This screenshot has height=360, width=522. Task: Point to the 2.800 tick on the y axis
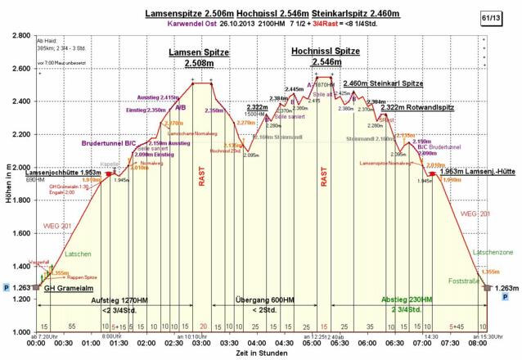click(17, 36)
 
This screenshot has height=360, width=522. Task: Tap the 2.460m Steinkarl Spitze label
click(383, 83)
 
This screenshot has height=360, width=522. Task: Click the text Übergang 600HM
click(264, 301)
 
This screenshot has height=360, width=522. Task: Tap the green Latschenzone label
click(493, 253)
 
